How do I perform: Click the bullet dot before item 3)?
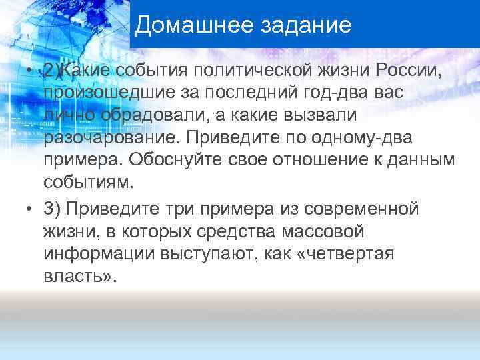pos(29,209)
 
